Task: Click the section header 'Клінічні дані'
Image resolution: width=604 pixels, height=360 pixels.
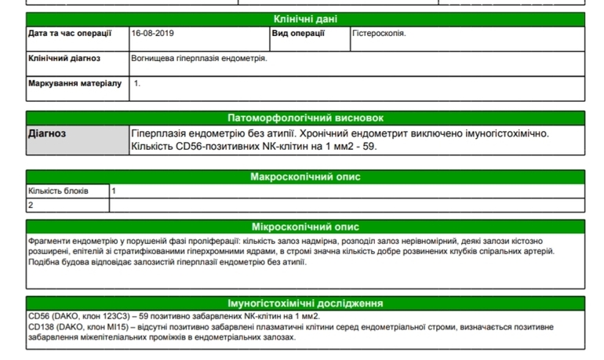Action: point(305,19)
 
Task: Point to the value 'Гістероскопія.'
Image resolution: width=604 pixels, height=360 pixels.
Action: point(380,34)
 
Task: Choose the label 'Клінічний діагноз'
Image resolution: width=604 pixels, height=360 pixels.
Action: point(64,58)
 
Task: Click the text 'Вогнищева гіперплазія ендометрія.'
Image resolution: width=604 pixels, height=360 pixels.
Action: point(199,58)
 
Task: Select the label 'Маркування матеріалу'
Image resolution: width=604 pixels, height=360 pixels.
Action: point(75,82)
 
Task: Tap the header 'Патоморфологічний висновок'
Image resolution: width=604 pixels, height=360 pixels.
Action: point(305,118)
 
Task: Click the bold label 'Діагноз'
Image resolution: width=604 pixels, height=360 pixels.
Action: point(47,133)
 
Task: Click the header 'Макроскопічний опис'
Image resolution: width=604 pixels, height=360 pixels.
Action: point(305,176)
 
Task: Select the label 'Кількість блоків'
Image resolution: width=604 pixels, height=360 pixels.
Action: point(58,191)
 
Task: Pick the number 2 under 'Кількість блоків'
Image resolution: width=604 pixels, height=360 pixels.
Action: point(31,205)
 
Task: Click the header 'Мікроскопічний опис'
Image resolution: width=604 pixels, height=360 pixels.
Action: point(305,226)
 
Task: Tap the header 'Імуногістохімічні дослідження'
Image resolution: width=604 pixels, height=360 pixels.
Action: point(305,303)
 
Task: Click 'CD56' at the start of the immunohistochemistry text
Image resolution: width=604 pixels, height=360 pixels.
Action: point(38,316)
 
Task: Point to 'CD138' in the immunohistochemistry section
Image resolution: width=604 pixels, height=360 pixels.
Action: point(41,326)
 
